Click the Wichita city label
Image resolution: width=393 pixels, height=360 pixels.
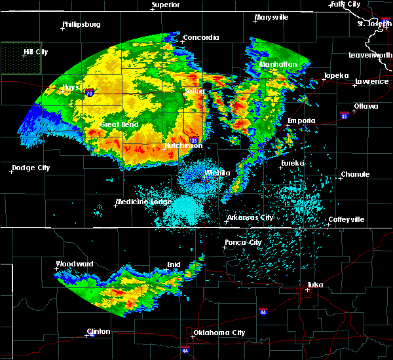tap(217, 173)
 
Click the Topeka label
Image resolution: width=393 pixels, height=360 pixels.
tap(335, 75)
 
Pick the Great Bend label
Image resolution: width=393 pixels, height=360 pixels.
tap(118, 124)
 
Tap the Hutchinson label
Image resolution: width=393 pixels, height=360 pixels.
tap(183, 145)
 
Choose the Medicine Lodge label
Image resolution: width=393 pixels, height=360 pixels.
tap(140, 202)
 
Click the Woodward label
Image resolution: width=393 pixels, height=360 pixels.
tap(75, 264)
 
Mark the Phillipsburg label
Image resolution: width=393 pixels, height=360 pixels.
tap(81, 24)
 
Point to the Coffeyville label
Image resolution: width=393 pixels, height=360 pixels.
tap(346, 219)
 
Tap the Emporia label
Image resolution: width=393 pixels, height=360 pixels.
tap(301, 120)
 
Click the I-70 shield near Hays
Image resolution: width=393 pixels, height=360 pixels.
tap(89, 93)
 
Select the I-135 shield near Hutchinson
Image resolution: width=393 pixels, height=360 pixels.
tap(193, 140)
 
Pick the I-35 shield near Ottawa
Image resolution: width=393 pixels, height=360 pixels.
tap(343, 115)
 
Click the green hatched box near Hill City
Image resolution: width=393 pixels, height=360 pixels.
tap(21, 58)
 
